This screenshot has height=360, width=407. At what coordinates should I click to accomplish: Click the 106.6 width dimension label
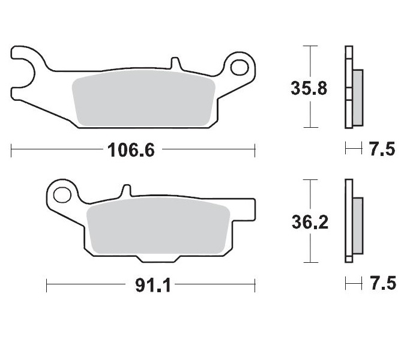(x=131, y=150)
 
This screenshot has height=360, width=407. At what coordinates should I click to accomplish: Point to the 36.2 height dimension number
(x=309, y=223)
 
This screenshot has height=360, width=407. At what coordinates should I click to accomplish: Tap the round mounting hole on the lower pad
(x=61, y=194)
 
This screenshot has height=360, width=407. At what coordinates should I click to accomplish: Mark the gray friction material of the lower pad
(x=158, y=230)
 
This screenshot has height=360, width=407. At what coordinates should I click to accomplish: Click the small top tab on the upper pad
(x=175, y=63)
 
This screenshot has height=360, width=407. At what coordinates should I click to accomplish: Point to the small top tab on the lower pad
(x=126, y=191)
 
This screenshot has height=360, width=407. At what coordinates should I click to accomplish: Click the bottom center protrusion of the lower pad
(x=157, y=258)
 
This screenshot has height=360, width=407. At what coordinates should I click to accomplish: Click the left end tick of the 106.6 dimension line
(x=12, y=150)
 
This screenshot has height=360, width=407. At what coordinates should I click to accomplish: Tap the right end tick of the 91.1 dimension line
(x=255, y=285)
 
